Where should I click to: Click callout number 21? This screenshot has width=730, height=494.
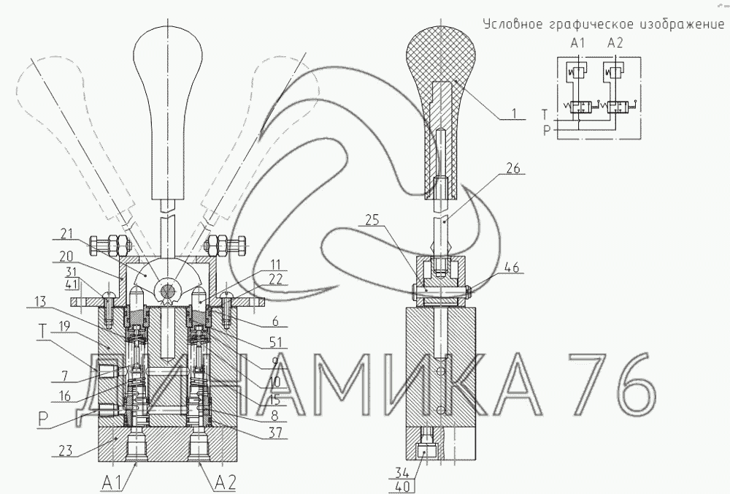(x=67, y=233)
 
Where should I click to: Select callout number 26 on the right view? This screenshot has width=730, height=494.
(x=512, y=169)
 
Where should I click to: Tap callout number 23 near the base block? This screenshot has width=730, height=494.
(x=66, y=450)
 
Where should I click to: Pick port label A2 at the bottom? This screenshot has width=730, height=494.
(x=226, y=481)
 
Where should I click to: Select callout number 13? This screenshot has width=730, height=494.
(x=40, y=301)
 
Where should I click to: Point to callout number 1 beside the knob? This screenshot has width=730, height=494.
(x=515, y=113)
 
